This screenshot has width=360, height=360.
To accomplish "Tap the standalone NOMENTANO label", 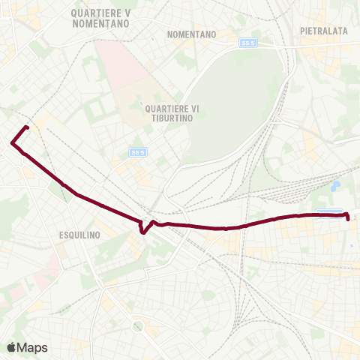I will click(192, 34).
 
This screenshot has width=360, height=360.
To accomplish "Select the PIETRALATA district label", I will click(322, 31).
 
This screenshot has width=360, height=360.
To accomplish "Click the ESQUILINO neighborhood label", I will click(79, 235).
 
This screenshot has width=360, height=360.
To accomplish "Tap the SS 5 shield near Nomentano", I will click(247, 43).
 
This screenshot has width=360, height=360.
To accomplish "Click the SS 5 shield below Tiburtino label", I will click(136, 151).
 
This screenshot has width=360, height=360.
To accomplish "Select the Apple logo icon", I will click(11, 347).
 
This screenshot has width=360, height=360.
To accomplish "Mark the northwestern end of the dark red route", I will click(27, 127).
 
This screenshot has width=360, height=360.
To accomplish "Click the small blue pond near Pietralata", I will click(336, 184).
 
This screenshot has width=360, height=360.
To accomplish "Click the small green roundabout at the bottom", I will click(137, 326).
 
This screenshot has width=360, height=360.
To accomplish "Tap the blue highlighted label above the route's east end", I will click(328, 211).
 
